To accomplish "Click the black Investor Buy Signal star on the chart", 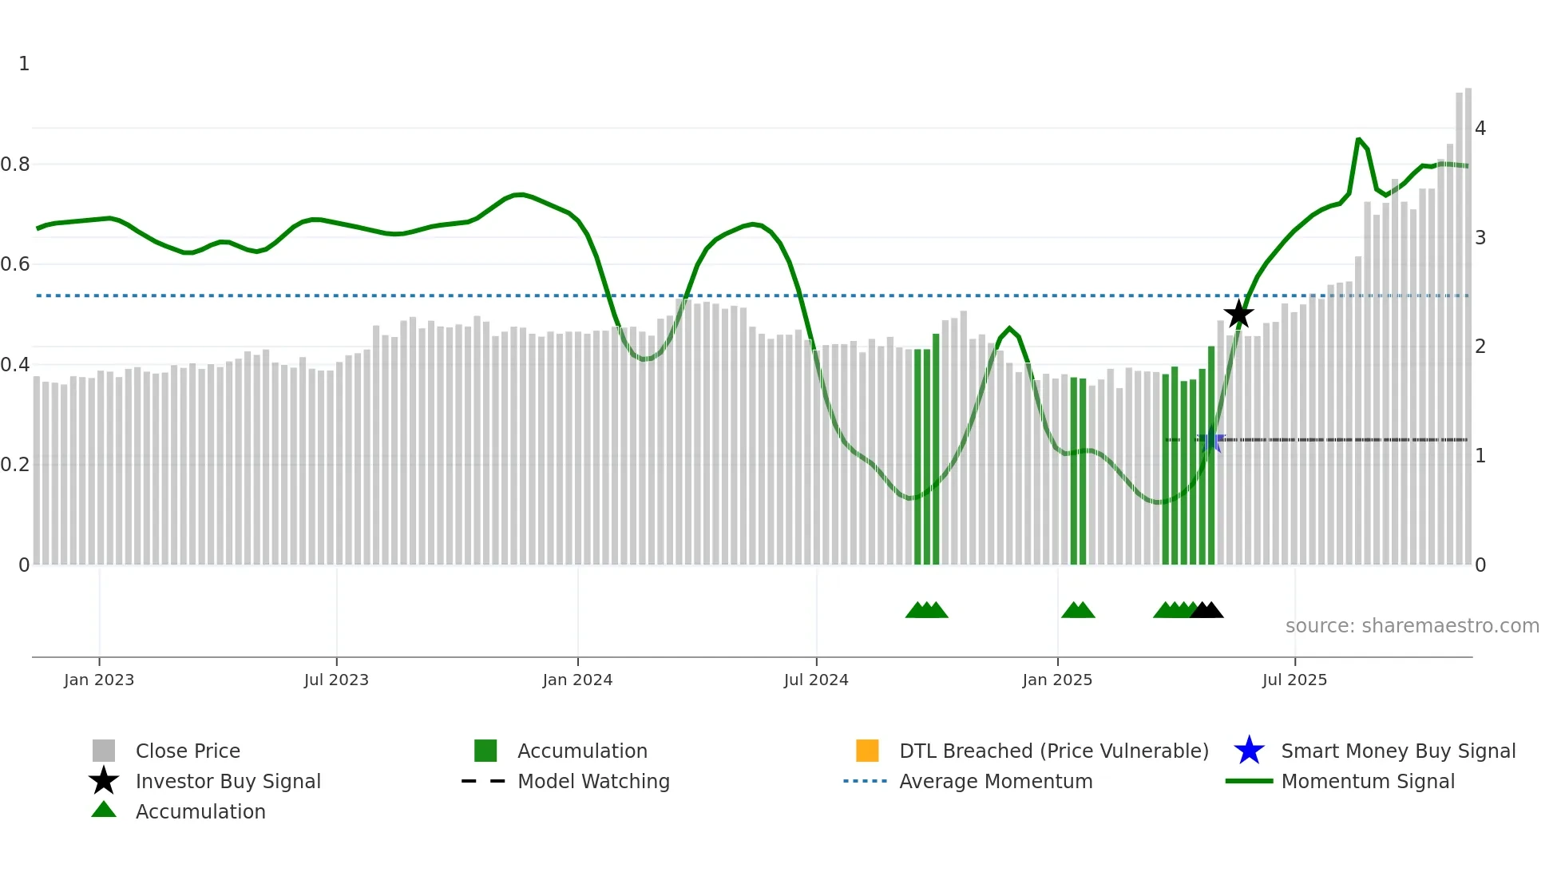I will (x=1238, y=314).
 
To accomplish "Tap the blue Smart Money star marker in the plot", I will (x=1211, y=439).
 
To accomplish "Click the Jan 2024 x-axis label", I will (x=577, y=680).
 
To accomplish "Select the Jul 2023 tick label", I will (x=336, y=680).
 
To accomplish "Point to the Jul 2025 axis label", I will (x=1294, y=680).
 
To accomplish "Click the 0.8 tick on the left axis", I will (x=16, y=165).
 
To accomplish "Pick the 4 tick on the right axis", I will (x=1480, y=128).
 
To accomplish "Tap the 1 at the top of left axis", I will (x=24, y=64).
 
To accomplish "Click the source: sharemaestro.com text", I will (x=1412, y=625).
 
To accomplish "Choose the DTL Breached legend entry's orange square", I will (x=867, y=751).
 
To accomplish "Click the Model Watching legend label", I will (x=593, y=781).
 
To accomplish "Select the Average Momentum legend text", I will (x=996, y=781).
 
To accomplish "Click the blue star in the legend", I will (x=1249, y=751).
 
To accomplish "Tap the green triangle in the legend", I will (x=104, y=810).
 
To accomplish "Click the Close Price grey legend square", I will (x=104, y=751).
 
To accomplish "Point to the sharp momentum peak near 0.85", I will (x=1358, y=140).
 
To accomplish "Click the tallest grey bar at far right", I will (x=1468, y=319).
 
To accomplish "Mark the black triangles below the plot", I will (x=1206, y=610).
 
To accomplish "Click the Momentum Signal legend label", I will (x=1368, y=781).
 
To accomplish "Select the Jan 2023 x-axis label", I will (x=99, y=680).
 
